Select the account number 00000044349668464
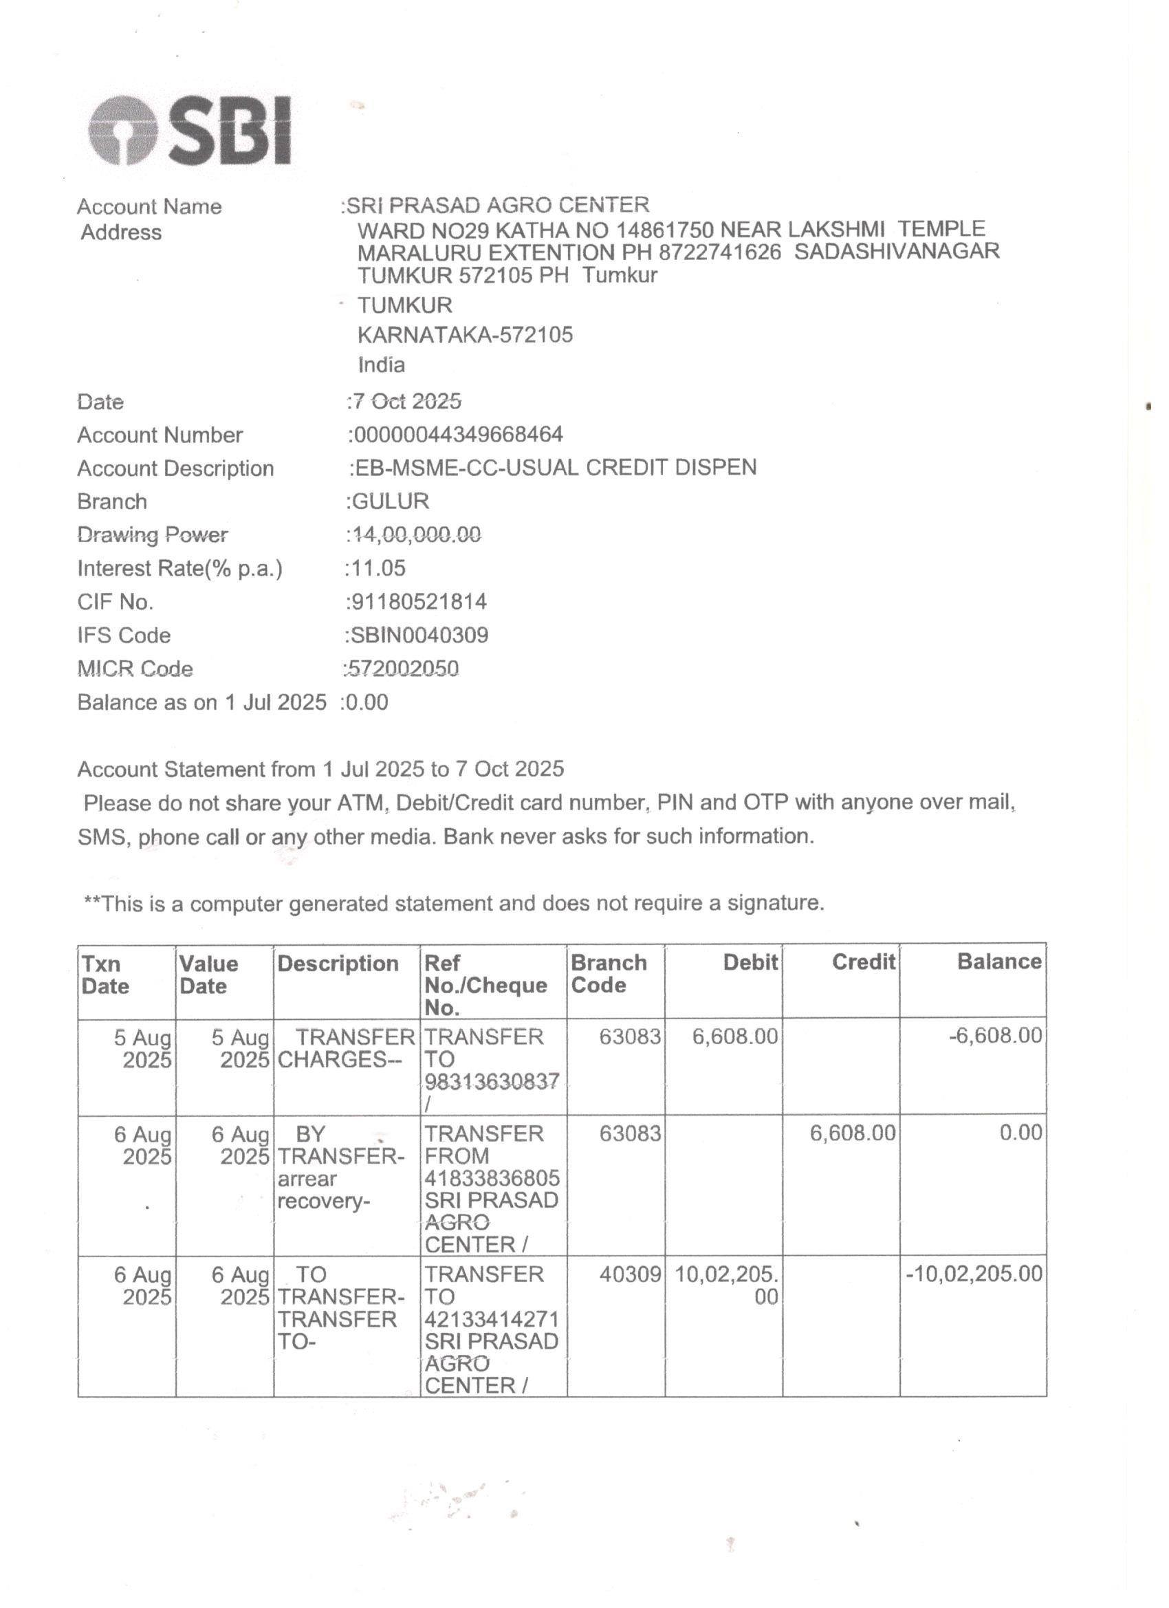pos(457,435)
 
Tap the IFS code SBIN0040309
pos(419,635)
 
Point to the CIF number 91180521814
pos(418,602)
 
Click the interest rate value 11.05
pos(378,568)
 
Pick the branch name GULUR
pos(391,501)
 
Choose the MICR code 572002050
pos(404,669)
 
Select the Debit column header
pos(750,962)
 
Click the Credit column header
pos(864,962)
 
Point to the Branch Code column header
pos(609,973)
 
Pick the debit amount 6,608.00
pos(735,1036)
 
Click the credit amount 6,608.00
pos(853,1133)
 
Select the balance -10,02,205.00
pos(974,1274)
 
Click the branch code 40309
pos(630,1274)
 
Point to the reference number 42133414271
pos(492,1319)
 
